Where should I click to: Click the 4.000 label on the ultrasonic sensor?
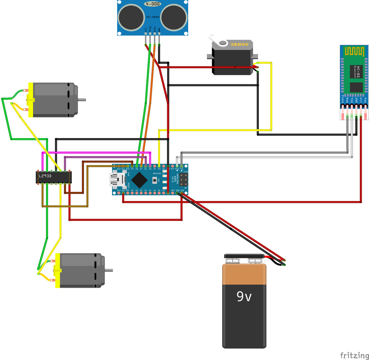pyautogui.click(x=152, y=4)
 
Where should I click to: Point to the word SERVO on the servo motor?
pyautogui.click(x=239, y=44)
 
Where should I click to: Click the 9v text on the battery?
pyautogui.click(x=244, y=297)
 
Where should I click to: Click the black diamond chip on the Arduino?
pyautogui.click(x=139, y=180)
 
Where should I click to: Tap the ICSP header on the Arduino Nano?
pyautogui.click(x=183, y=180)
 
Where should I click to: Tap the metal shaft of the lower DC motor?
pyautogui.click(x=109, y=270)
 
